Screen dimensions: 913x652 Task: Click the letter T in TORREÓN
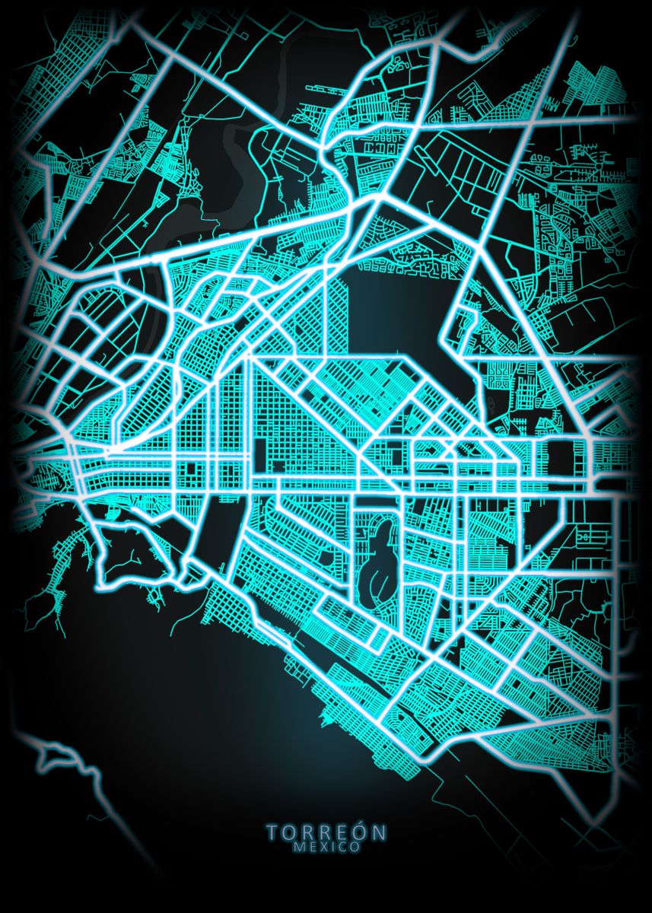pyautogui.click(x=272, y=832)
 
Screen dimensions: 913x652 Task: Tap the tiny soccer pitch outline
pyautogui.click(x=585, y=536)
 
